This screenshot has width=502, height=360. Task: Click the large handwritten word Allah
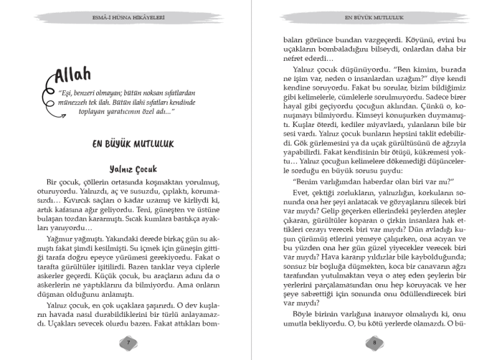point(82,73)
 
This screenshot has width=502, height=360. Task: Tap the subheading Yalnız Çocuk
point(128,169)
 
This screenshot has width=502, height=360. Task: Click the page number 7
point(128,342)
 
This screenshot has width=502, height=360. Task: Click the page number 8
point(374,342)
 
